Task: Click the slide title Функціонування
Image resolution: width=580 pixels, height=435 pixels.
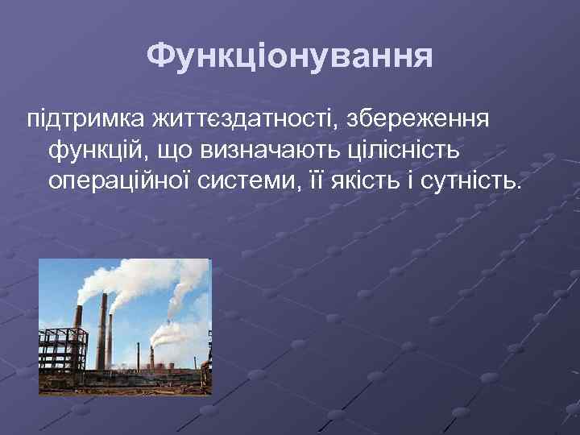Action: (290, 56)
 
